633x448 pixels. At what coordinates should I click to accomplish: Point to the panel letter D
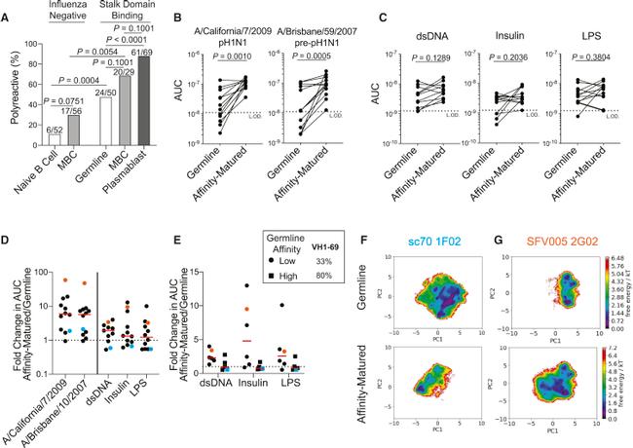(x=7, y=238)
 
